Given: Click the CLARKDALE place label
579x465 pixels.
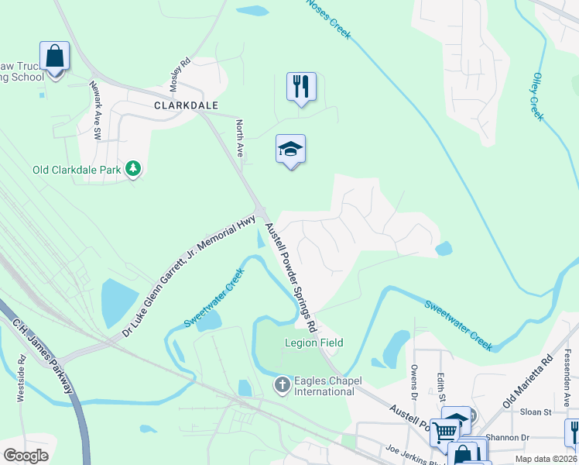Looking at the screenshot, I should pyautogui.click(x=186, y=105).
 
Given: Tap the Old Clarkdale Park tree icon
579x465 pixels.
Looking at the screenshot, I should pyautogui.click(x=134, y=168).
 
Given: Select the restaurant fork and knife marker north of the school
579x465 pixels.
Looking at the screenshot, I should pyautogui.click(x=301, y=87).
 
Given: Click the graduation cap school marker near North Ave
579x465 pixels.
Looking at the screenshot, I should pyautogui.click(x=291, y=150).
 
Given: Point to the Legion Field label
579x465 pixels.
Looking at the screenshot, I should pyautogui.click(x=313, y=343).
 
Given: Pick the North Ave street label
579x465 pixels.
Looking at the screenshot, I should pyautogui.click(x=240, y=139).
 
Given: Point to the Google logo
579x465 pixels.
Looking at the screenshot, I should pyautogui.click(x=26, y=455).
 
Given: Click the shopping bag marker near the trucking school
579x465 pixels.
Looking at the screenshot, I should pyautogui.click(x=55, y=57).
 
